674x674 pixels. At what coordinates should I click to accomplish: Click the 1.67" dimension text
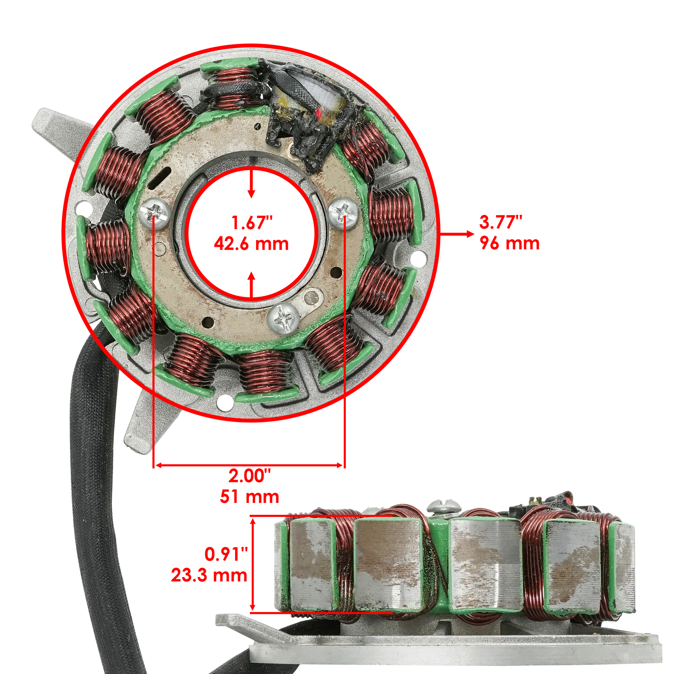coord(252,223)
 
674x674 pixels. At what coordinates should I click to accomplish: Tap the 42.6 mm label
coord(251,244)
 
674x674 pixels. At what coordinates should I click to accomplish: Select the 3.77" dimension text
coord(500,222)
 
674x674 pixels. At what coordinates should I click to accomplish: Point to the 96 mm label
coord(509,243)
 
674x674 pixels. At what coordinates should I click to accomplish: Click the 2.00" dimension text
coord(249,476)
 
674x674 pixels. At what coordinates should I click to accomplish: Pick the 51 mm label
coord(249,497)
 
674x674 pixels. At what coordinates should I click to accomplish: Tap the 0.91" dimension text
coord(226,554)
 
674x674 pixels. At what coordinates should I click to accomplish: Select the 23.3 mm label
coord(209,575)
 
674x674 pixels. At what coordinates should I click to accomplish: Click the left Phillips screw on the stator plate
coord(154,214)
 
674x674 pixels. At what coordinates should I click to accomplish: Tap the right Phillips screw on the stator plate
coord(343,212)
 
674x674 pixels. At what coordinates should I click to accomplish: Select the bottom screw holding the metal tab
coord(284,318)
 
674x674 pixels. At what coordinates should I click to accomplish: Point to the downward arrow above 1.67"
coord(251,192)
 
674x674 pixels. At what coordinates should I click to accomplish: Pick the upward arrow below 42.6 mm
coord(251,278)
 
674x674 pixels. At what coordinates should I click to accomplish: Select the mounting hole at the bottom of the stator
coord(225,403)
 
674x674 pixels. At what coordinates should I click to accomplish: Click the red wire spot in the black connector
coord(321,113)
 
